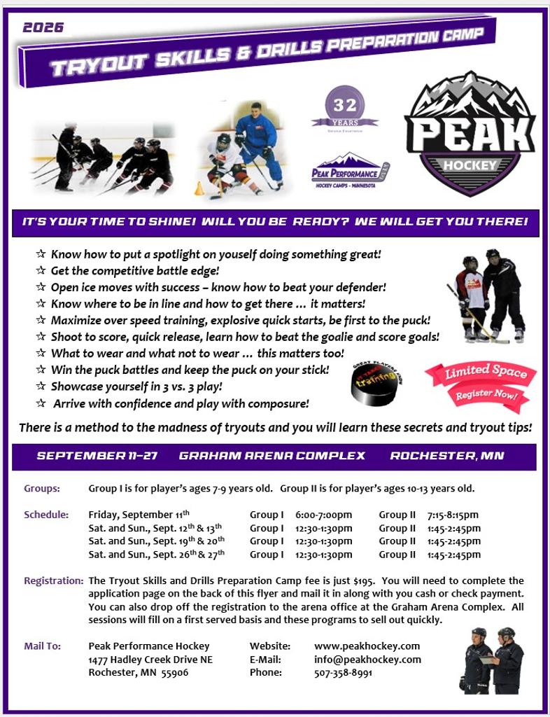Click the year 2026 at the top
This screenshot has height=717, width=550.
click(43, 28)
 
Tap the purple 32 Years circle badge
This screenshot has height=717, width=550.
click(345, 107)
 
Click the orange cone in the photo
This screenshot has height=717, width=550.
click(199, 188)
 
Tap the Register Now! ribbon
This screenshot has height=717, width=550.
click(487, 396)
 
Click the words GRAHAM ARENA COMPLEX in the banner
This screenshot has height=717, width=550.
click(272, 456)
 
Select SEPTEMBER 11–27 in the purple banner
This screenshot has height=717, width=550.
click(97, 456)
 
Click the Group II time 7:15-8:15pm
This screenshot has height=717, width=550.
click(453, 515)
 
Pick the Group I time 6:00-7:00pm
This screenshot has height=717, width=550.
click(323, 515)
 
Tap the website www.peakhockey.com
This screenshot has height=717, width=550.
click(367, 646)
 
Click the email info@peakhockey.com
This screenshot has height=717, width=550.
click(367, 660)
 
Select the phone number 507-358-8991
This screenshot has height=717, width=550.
click(343, 673)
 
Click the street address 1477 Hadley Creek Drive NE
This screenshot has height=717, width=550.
click(150, 660)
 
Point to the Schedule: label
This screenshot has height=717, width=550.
click(46, 515)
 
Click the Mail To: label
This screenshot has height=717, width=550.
click(42, 646)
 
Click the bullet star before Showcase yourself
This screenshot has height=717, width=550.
click(41, 387)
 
